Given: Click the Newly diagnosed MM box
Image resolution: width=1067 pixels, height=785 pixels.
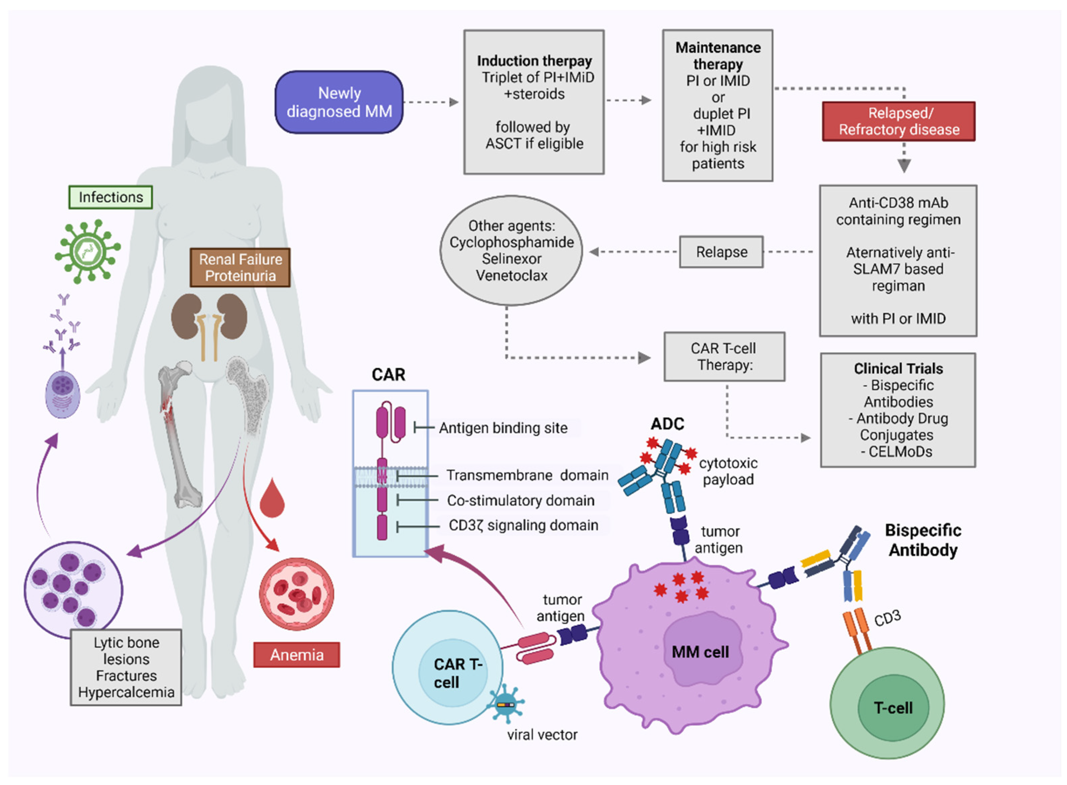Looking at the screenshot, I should [x=339, y=102].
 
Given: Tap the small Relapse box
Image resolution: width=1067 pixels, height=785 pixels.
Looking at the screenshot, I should [x=721, y=252].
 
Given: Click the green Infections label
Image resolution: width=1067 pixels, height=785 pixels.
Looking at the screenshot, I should [x=111, y=197].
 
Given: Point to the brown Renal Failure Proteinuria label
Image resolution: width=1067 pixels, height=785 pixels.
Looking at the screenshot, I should [x=240, y=267].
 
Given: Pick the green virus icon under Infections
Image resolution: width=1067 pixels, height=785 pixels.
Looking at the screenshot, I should [x=88, y=251].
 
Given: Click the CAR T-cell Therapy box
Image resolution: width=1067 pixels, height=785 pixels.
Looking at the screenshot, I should [x=724, y=357].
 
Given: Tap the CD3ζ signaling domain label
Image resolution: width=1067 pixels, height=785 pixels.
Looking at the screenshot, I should [x=523, y=526].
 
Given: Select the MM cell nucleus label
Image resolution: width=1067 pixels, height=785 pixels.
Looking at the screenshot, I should [x=700, y=652].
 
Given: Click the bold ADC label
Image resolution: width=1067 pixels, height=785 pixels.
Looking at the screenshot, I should [x=667, y=424].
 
